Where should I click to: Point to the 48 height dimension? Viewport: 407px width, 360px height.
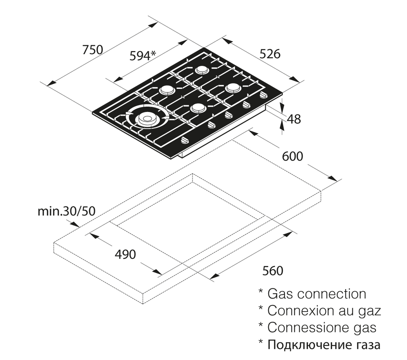[x=293, y=119]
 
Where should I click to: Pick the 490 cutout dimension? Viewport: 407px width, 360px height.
[x=125, y=255]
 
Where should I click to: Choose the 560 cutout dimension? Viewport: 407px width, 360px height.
[x=272, y=271]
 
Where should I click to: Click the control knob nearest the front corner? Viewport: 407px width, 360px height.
[x=185, y=140]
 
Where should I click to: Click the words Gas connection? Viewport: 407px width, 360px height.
[x=317, y=294]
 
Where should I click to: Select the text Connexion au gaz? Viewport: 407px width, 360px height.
[x=324, y=311]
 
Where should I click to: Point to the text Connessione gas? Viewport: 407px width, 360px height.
[x=322, y=327]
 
